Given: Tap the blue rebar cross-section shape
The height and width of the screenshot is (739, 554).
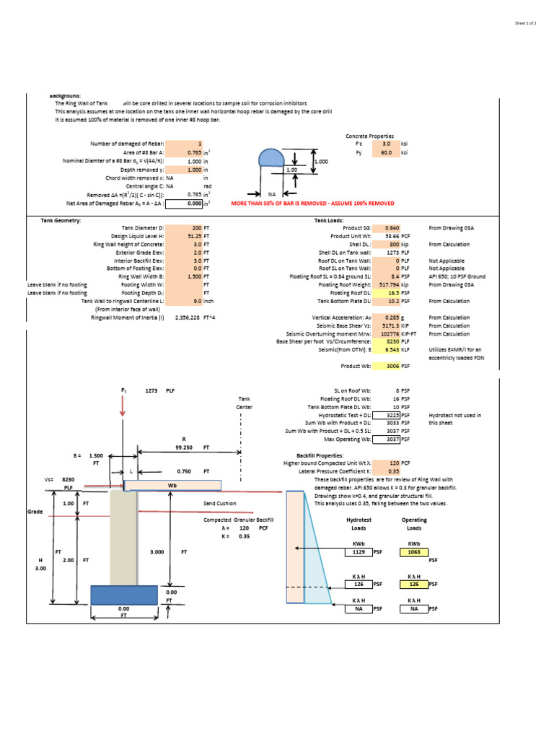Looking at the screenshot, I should coord(271,158).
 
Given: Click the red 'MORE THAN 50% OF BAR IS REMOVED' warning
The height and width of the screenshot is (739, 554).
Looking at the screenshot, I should coord(312,204).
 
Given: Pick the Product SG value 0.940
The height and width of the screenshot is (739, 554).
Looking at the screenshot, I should coord(392,227).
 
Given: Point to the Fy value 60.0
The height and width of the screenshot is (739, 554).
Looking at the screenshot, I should coord(387,153).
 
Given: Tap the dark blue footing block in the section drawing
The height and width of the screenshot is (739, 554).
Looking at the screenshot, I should coord(123,595).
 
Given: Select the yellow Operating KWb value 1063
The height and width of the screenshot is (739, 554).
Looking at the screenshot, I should coord(414,552).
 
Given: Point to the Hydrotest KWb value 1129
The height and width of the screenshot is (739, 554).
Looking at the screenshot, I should coord(359,552).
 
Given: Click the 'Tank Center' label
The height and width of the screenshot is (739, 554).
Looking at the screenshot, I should coord(244,403).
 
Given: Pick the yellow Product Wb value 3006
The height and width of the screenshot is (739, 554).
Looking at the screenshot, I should coord(392,367).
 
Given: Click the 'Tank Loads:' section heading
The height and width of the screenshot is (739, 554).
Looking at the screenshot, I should coord(330,220).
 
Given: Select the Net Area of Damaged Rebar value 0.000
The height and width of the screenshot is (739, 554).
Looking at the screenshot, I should coord(190,204).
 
